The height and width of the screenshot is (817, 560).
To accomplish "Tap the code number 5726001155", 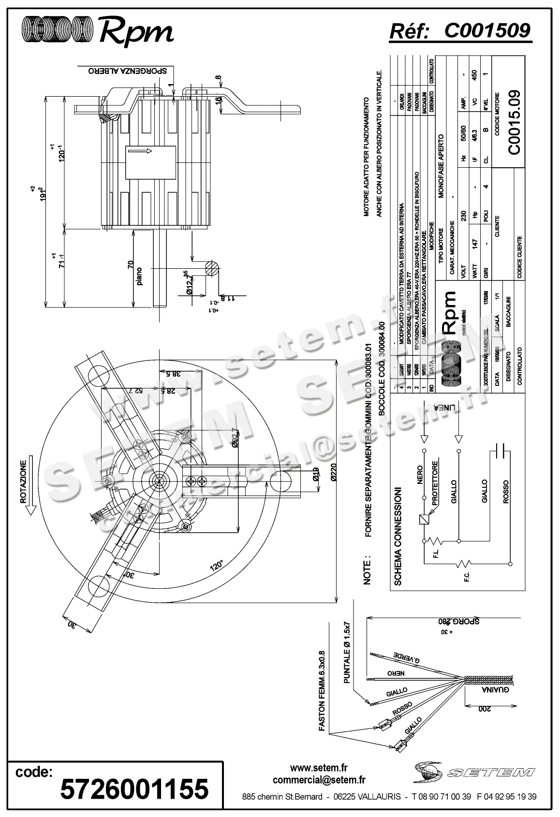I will (134, 788).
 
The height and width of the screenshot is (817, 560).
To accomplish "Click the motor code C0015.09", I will (514, 122).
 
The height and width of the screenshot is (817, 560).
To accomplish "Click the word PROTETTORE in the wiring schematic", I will (435, 483).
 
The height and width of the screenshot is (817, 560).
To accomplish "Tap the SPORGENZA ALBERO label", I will (128, 71).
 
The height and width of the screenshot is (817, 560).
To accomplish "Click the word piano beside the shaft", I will (140, 276).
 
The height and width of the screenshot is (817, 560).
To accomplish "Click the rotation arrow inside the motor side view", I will (140, 151).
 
